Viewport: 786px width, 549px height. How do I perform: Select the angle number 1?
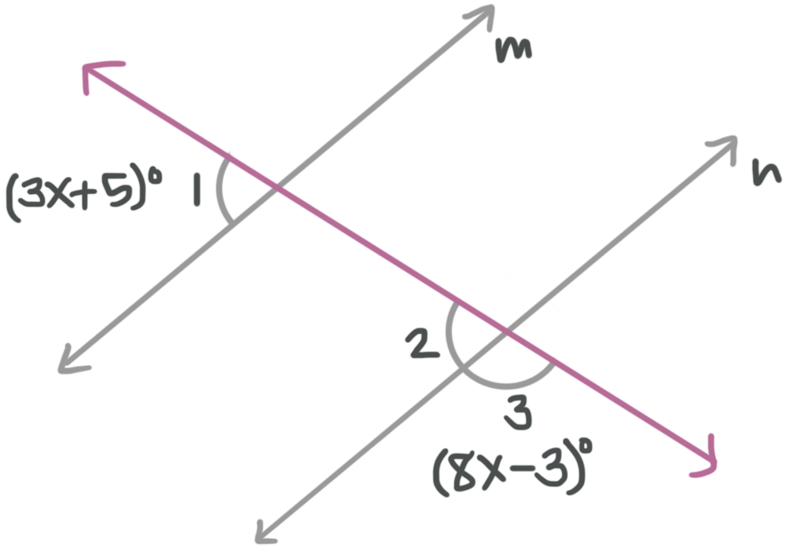pyautogui.click(x=200, y=192)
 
